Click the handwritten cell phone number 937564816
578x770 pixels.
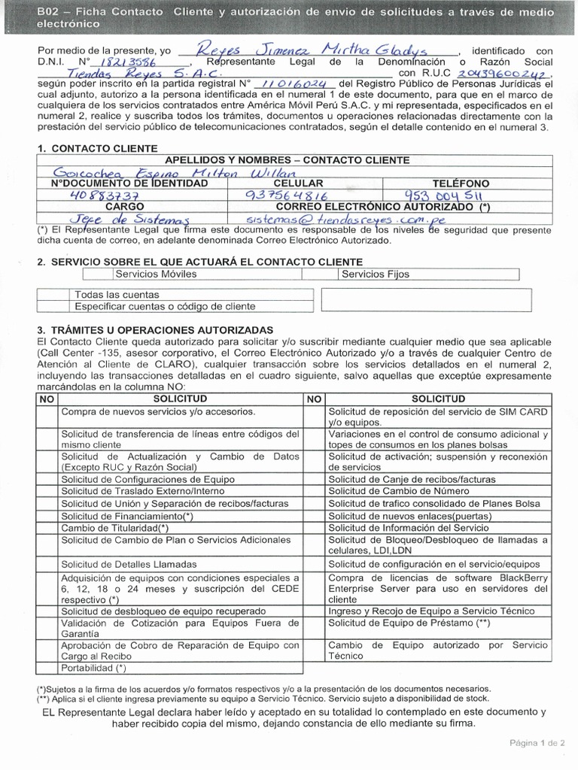click(x=288, y=195)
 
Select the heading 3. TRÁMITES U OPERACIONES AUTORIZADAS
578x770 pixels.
click(x=155, y=330)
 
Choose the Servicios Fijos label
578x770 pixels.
click(x=376, y=274)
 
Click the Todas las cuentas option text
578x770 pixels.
click(x=117, y=295)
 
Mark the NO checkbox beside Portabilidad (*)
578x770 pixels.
click(x=47, y=666)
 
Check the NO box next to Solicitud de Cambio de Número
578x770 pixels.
click(x=315, y=491)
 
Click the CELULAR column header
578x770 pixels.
click(x=299, y=183)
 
